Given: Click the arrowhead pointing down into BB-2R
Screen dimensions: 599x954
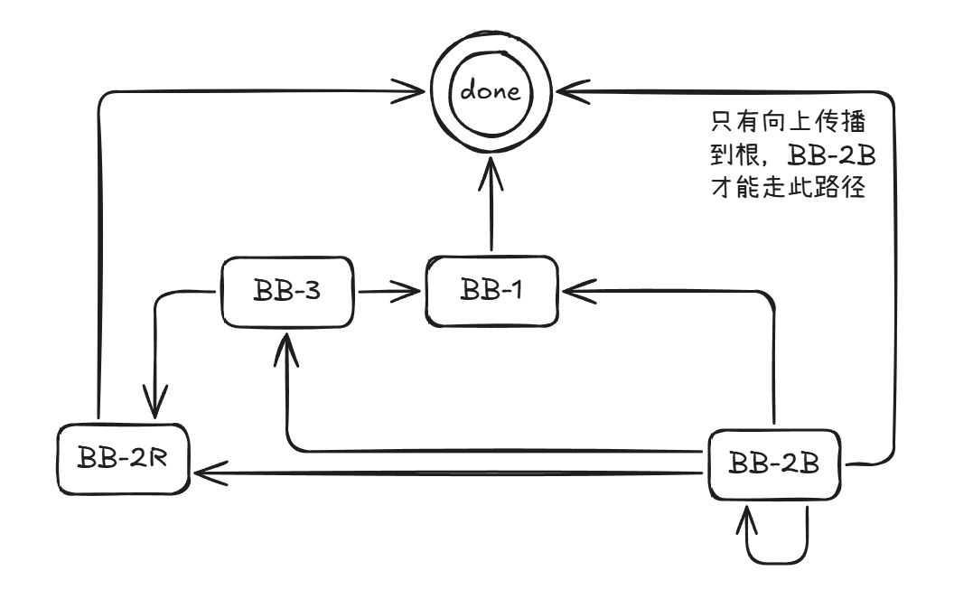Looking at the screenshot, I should point(156,403).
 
